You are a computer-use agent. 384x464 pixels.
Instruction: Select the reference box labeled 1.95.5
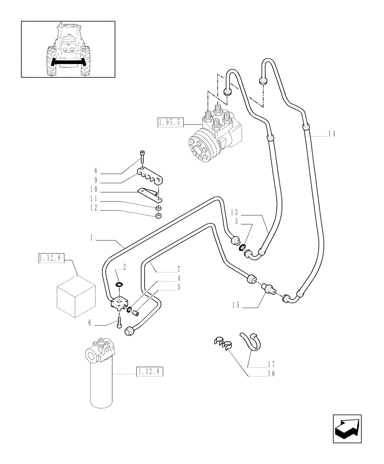(x=170, y=122)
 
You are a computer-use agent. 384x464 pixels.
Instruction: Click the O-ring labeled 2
(x=119, y=284)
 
